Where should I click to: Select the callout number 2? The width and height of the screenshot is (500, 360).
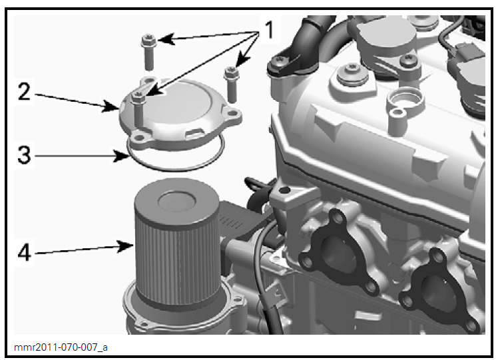23,92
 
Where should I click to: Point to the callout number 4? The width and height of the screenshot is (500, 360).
23,253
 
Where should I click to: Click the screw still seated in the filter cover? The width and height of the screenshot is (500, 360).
138,100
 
